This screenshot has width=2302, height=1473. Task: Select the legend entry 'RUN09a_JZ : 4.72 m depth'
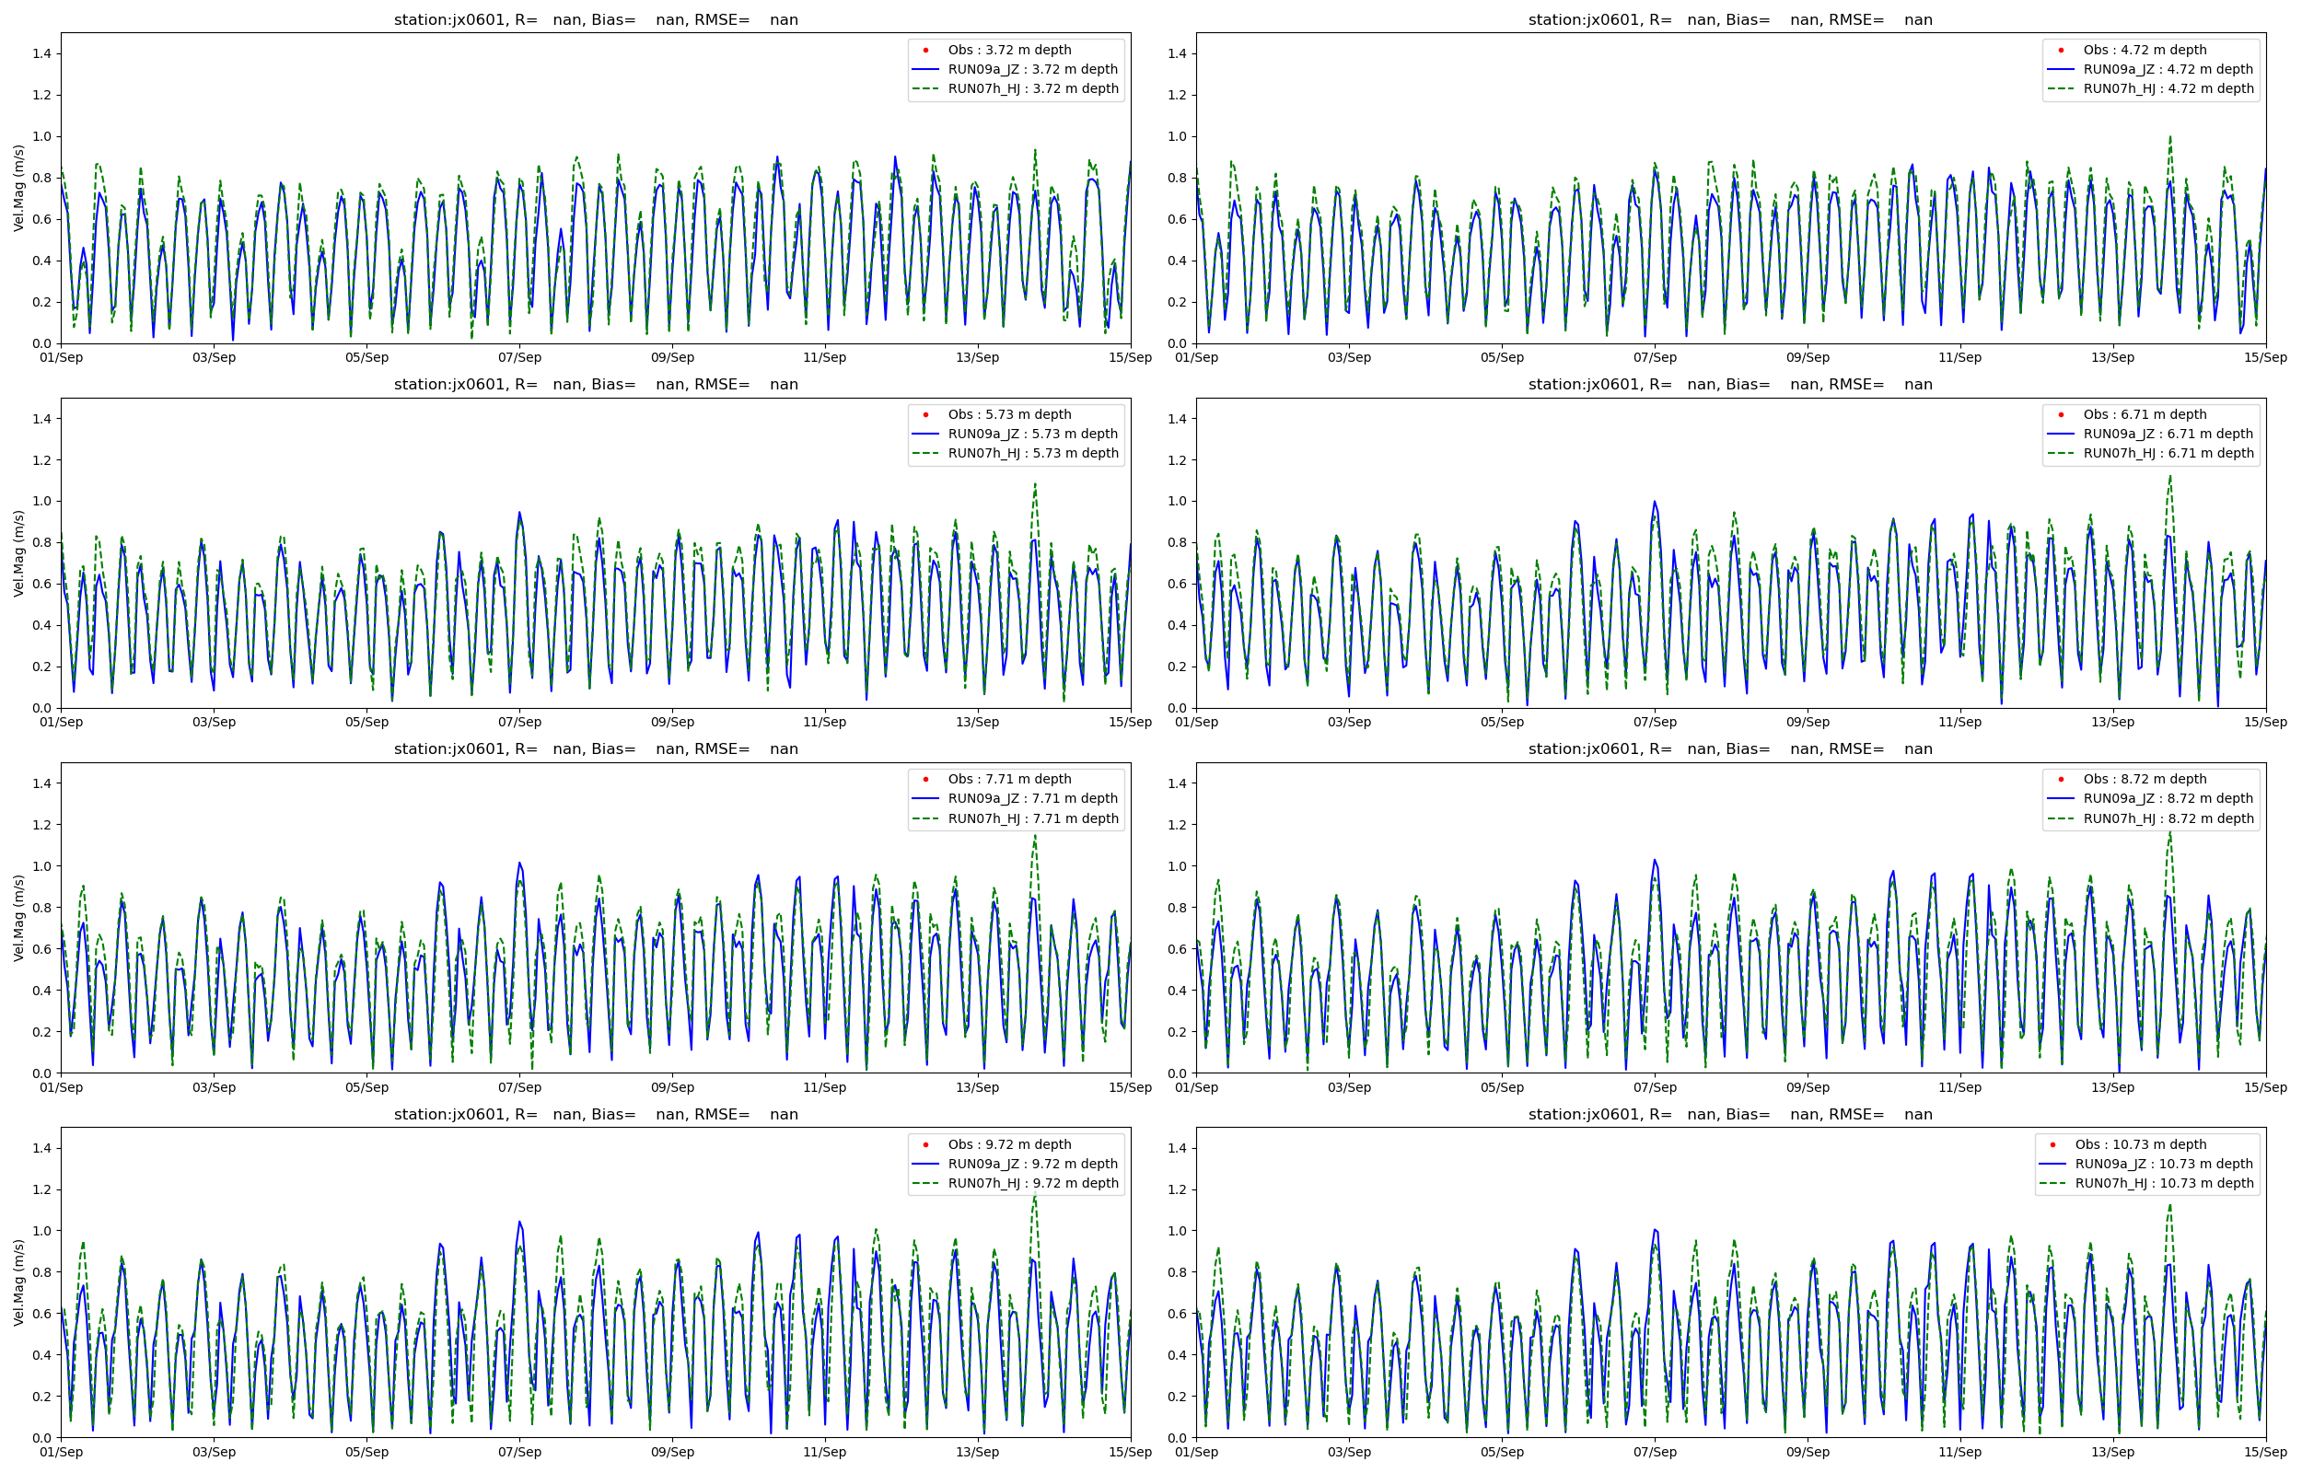click(2168, 69)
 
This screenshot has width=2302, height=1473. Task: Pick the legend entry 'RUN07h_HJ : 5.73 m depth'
click(1033, 453)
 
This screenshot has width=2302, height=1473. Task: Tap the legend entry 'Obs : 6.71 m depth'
click(2145, 414)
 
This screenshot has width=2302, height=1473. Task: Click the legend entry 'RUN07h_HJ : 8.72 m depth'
click(2168, 818)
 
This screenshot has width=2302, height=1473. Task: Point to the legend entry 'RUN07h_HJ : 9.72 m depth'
click(1033, 1183)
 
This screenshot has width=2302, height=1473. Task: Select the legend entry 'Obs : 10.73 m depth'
click(2140, 1145)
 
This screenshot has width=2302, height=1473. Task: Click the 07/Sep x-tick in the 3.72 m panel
click(519, 358)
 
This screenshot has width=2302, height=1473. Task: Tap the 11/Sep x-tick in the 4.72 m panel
click(1959, 358)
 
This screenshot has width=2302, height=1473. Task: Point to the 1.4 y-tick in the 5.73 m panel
click(43, 419)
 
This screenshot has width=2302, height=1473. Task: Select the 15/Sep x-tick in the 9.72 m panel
click(1131, 1452)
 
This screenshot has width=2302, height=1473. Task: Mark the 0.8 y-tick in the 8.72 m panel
click(1178, 908)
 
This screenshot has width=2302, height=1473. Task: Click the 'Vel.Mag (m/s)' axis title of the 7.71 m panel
click(19, 918)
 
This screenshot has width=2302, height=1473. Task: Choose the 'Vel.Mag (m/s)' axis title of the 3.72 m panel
click(19, 189)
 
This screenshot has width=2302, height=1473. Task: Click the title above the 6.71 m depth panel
click(1730, 385)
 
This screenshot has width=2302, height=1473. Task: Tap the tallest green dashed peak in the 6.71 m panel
click(2170, 475)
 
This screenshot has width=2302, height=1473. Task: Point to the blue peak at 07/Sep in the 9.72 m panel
click(519, 1222)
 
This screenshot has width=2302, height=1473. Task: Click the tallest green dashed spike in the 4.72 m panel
click(2170, 136)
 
